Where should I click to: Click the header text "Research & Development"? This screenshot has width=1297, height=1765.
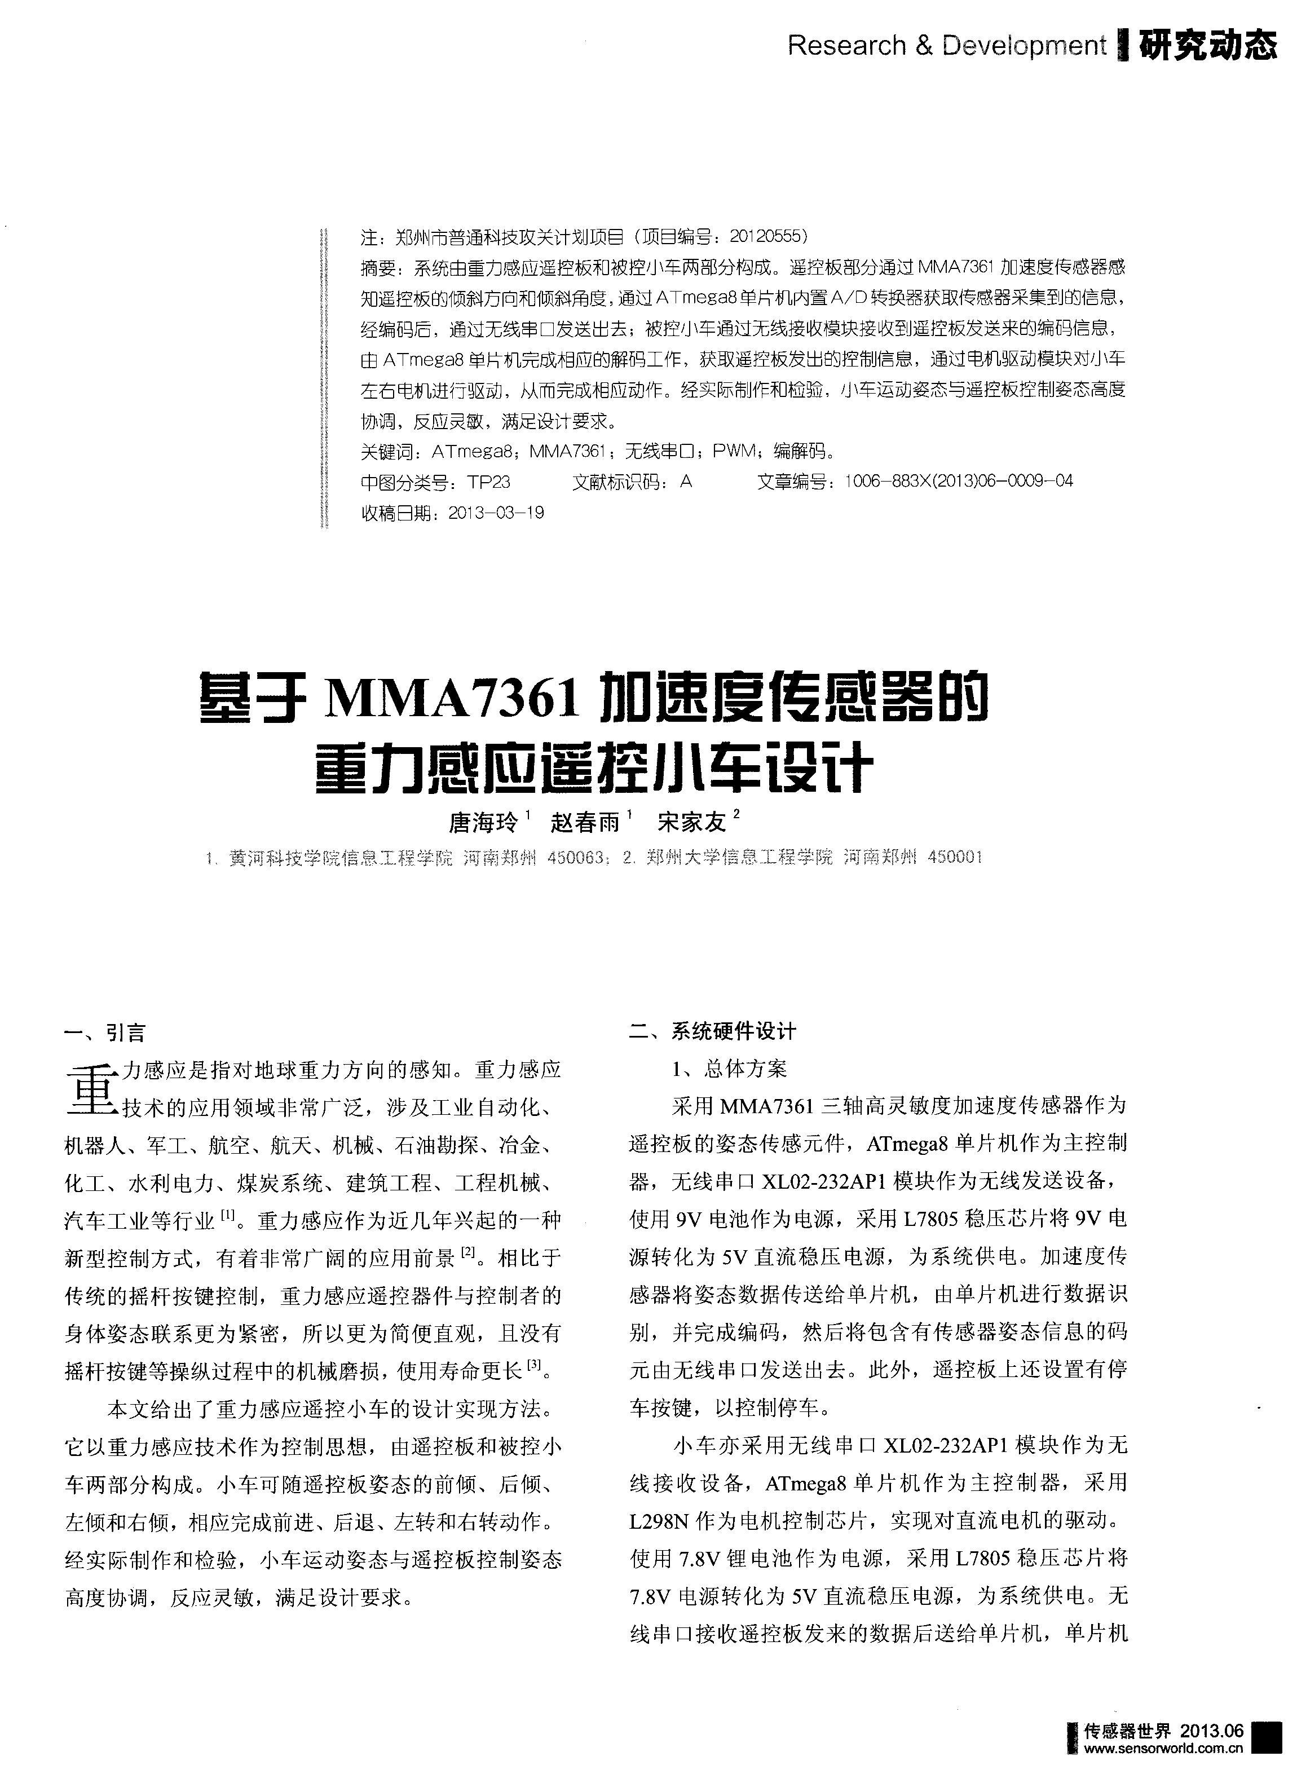[946, 46]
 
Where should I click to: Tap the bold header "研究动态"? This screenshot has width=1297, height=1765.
[1207, 46]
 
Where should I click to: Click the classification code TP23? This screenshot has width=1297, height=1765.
[488, 482]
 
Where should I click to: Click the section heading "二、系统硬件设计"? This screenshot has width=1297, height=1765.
[713, 1032]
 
